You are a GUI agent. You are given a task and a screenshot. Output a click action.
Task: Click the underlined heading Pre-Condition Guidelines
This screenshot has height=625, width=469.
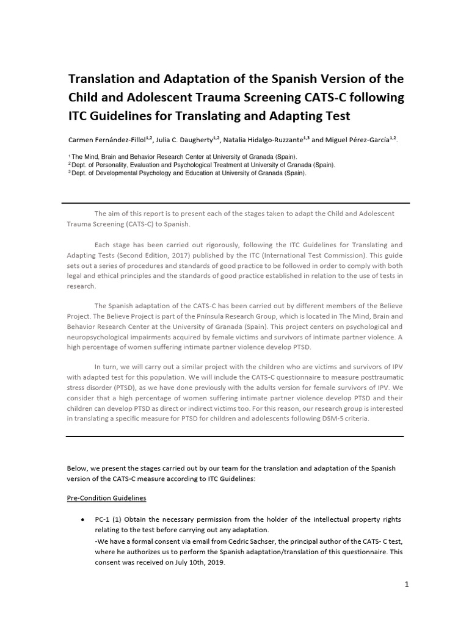[106, 498]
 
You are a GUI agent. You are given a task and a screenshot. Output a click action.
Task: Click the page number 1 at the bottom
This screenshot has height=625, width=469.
[406, 584]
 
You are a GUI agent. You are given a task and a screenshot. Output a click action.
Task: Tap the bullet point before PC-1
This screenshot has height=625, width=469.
[82, 519]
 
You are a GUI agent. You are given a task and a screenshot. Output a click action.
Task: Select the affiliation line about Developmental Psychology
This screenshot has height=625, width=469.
[189, 173]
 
